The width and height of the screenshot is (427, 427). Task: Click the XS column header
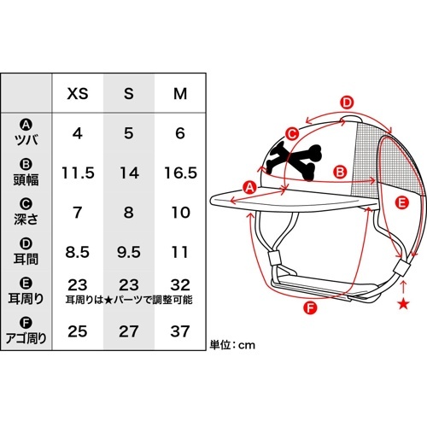click(x=78, y=93)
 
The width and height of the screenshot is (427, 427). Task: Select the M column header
click(x=180, y=93)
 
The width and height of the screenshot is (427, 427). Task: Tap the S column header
click(x=129, y=93)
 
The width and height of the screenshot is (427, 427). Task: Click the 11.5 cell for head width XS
click(x=78, y=173)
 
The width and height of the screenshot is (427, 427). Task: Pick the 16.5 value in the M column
click(x=180, y=173)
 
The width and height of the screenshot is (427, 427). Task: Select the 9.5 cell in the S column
click(x=129, y=252)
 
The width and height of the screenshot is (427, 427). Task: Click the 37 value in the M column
click(x=180, y=331)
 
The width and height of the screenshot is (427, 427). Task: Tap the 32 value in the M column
click(x=180, y=284)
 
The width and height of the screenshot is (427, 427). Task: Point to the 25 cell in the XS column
click(x=78, y=331)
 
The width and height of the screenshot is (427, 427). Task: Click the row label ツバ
click(x=26, y=140)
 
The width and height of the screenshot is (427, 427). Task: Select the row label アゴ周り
click(x=26, y=338)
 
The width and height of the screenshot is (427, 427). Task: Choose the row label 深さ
click(x=26, y=219)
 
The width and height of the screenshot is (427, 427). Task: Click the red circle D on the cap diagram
click(x=347, y=102)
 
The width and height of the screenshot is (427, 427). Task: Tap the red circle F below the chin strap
click(x=310, y=307)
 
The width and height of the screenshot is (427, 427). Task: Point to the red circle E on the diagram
click(x=402, y=203)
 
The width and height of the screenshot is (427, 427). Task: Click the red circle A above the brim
click(x=249, y=188)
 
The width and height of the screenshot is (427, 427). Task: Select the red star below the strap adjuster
click(x=403, y=304)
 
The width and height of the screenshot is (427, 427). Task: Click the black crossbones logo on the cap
click(x=292, y=161)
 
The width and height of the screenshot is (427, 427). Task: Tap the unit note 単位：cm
click(x=232, y=345)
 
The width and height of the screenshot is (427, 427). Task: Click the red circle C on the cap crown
click(x=292, y=134)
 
